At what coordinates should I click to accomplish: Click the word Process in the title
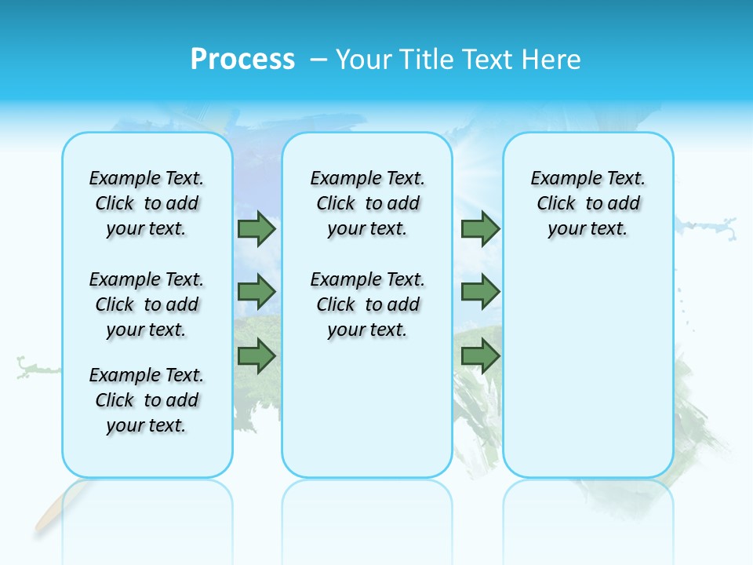coord(242,60)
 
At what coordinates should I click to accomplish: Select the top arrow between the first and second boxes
coord(256,229)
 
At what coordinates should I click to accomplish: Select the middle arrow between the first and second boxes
coord(256,292)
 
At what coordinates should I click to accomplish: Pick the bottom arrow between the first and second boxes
coord(256,356)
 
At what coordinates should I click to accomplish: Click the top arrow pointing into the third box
coord(480,229)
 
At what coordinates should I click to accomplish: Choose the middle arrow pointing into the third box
coord(480,292)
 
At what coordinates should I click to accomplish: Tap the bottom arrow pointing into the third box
coord(480,356)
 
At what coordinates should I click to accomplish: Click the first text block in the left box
coord(147,203)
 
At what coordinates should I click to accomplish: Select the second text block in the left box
coord(147,304)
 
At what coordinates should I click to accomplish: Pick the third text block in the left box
coord(147,400)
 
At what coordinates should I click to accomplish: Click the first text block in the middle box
coord(367,203)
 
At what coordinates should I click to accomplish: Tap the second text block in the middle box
coord(367,304)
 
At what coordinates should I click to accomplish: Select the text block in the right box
coord(587,203)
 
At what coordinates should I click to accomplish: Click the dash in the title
coord(319,60)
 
